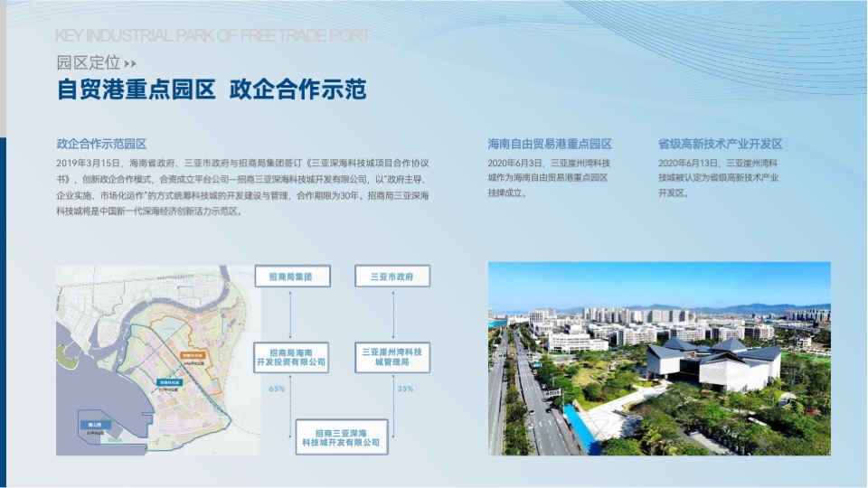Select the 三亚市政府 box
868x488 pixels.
coord(392,277)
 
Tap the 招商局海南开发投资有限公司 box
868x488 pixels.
coord(291,357)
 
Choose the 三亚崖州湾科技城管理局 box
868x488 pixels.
coord(392,357)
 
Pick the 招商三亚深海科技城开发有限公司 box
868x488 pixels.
coord(342,436)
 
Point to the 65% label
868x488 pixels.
coord(278,389)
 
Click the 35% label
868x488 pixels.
coord(405,389)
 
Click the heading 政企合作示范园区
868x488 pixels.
coord(101,144)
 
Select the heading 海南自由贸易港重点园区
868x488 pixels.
coord(550,144)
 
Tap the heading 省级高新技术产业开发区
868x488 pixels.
coord(720,144)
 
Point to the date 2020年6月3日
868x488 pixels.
coord(515,163)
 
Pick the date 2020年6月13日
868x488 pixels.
coord(689,163)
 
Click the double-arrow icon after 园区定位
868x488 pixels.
coord(130,63)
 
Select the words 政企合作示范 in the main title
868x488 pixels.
coord(297,90)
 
